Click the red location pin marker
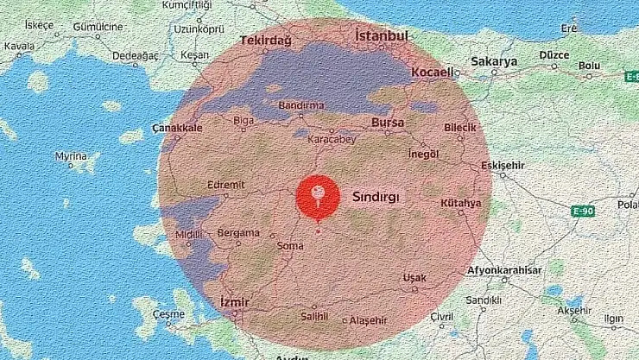point(318,194)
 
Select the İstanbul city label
point(381,36)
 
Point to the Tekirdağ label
point(266,41)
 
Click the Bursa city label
point(388,123)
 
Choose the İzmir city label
point(234,303)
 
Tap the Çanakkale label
point(177,128)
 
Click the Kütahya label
point(460,203)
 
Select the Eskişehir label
point(503,164)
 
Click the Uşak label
point(414,277)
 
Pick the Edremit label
point(227,184)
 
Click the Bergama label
point(238,233)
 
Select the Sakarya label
point(494,62)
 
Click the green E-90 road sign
point(583,211)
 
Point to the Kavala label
point(19,45)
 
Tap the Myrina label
point(71,156)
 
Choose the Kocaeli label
point(433,73)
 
